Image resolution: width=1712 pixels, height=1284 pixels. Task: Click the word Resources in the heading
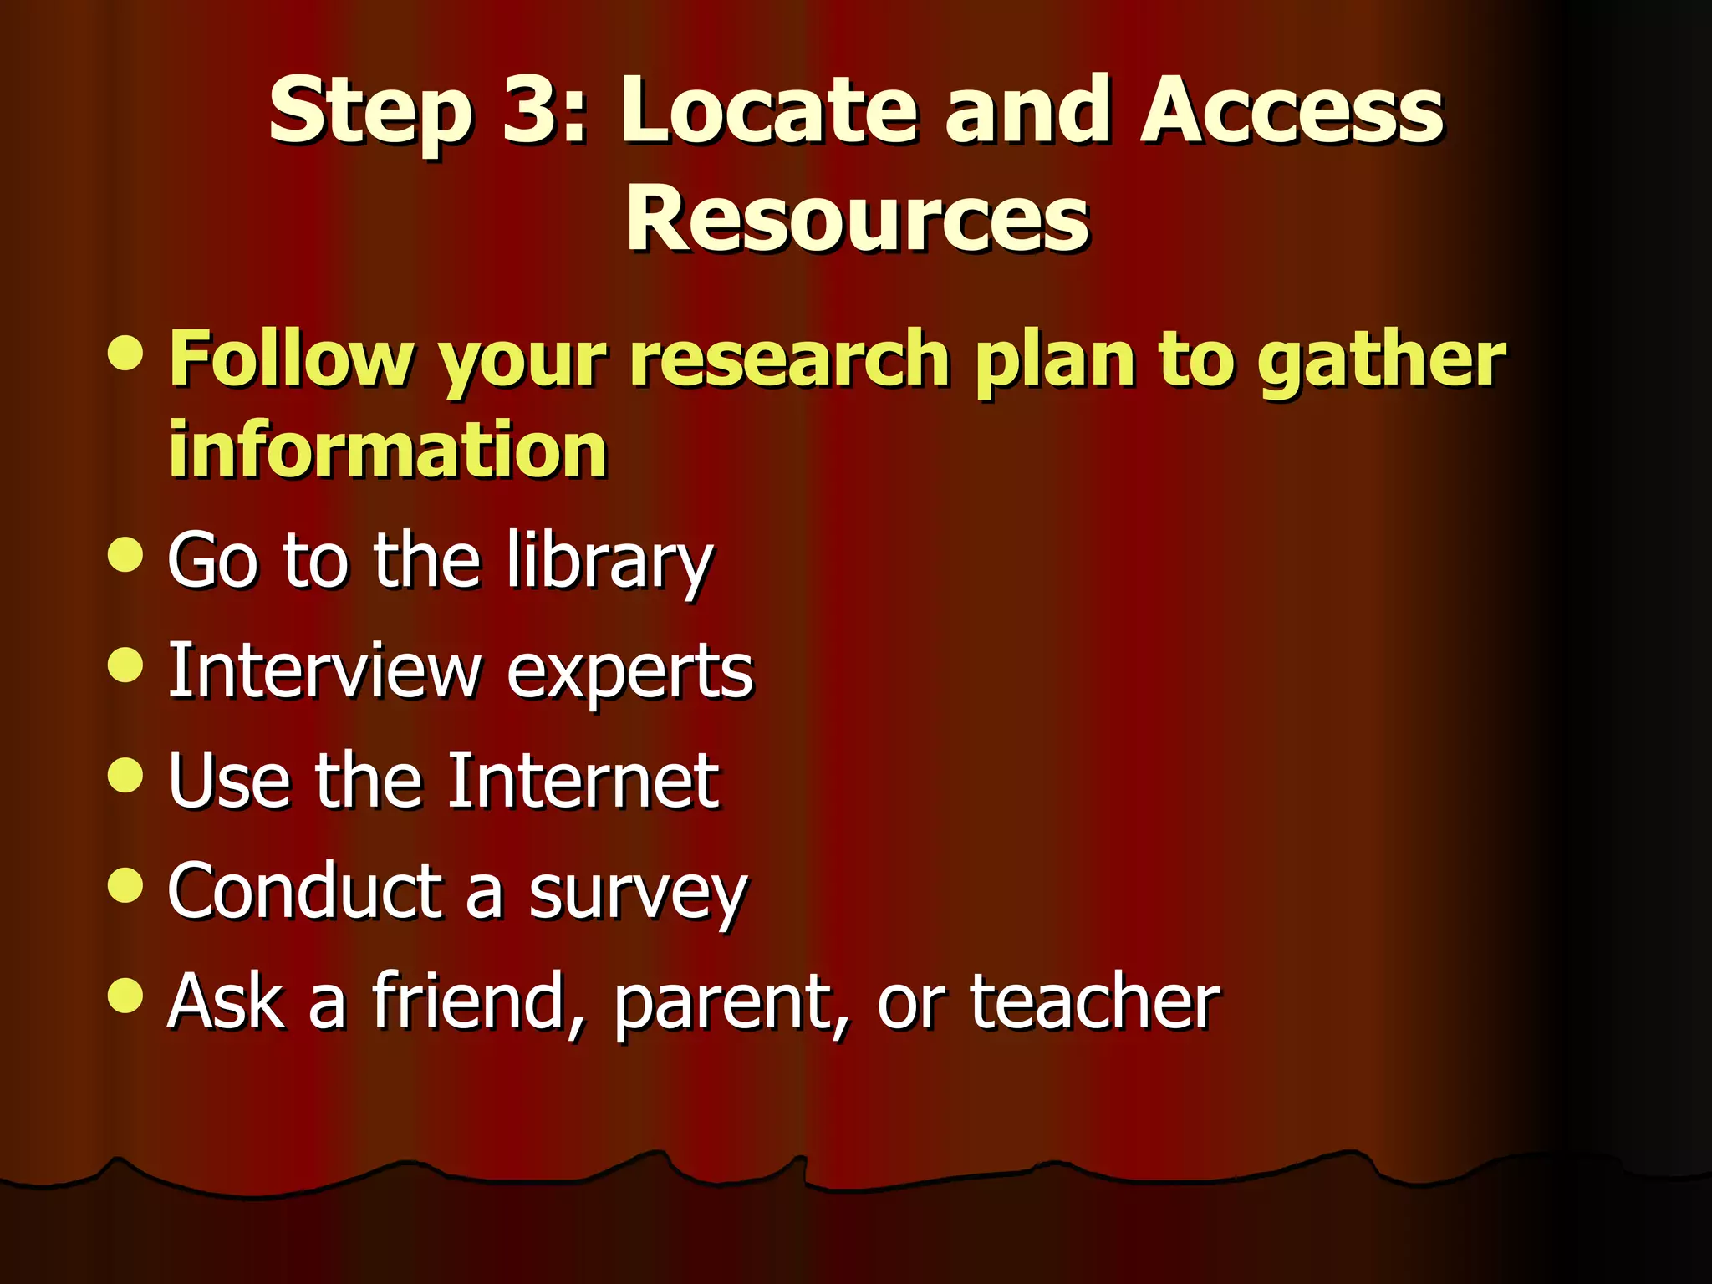point(857,219)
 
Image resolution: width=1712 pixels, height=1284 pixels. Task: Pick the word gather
point(1380,361)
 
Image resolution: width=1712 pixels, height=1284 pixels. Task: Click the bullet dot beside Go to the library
point(126,554)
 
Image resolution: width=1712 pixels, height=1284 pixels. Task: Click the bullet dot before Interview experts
point(126,665)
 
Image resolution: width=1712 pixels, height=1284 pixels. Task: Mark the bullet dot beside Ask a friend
point(126,995)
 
